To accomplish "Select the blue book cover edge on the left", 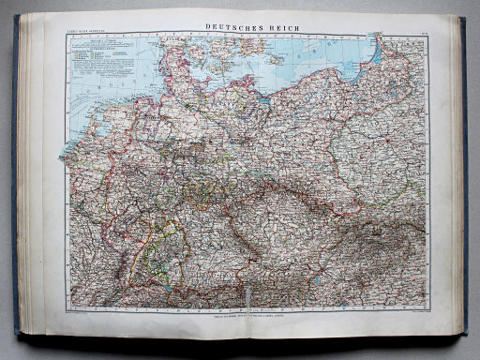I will coord(15,187).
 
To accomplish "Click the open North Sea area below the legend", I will coord(103,94).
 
